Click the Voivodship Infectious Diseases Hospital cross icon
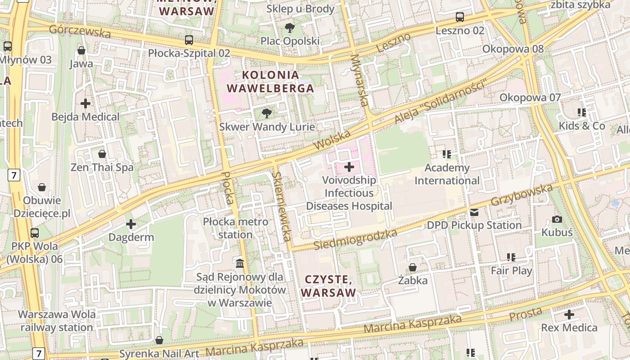click(x=349, y=167)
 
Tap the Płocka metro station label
click(x=235, y=228)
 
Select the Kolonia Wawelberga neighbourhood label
click(x=270, y=81)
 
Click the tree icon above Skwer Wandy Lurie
click(x=267, y=113)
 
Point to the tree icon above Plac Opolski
click(x=290, y=28)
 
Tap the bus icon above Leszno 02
click(x=459, y=18)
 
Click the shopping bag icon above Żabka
click(x=412, y=267)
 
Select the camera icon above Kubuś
click(x=557, y=219)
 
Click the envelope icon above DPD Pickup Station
click(x=474, y=212)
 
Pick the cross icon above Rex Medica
click(x=569, y=315)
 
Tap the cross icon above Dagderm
click(x=131, y=224)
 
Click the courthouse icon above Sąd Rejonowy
click(x=240, y=263)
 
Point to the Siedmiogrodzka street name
click(x=355, y=239)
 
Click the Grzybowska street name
click(x=522, y=195)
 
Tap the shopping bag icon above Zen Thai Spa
click(x=102, y=154)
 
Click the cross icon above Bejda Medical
click(x=85, y=103)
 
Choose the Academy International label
click(x=447, y=174)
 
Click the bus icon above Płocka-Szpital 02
click(x=189, y=40)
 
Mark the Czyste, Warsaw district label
click(x=328, y=286)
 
